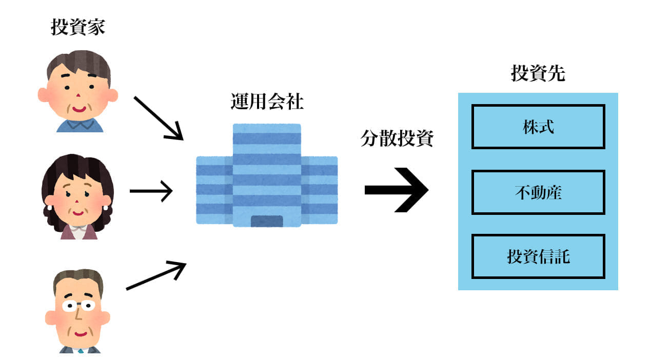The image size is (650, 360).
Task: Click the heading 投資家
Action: point(78,27)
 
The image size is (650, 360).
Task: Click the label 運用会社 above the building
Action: point(266,102)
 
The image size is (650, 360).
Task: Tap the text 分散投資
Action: point(397,138)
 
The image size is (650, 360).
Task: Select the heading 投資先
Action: point(538,74)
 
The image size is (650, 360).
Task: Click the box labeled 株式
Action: point(538,127)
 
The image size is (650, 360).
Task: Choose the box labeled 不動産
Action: point(538,192)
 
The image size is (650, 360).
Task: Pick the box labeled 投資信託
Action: point(538,256)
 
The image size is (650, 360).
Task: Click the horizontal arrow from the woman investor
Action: point(151,191)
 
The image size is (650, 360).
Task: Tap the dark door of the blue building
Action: point(266,221)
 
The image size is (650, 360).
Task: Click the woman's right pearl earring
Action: point(106,208)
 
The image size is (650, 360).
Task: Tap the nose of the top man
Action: point(77,97)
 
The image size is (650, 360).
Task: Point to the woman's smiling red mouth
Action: point(77,212)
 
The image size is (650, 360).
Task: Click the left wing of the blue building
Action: point(214,190)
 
